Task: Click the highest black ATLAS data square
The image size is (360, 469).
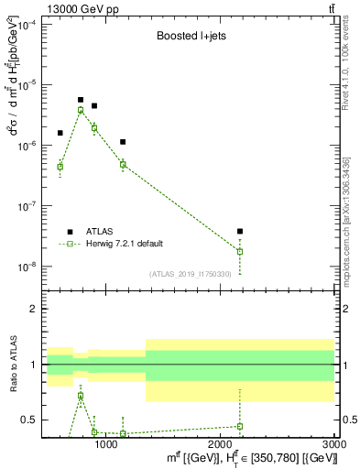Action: [81, 100]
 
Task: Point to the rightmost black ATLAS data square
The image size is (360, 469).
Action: [240, 232]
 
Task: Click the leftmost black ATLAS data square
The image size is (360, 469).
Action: [60, 133]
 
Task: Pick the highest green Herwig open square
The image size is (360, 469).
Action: [81, 110]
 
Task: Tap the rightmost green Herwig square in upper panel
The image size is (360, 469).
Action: [240, 251]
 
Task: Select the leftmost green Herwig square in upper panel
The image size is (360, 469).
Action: [60, 167]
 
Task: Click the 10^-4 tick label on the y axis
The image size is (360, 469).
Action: [27, 25]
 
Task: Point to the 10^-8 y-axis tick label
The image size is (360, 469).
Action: [27, 267]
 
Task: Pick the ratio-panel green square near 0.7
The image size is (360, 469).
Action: [81, 397]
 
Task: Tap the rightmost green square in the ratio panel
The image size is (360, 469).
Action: [240, 426]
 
